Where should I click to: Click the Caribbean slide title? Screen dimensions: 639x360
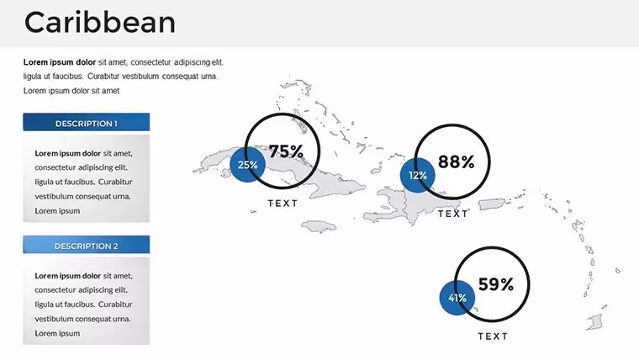pos(100,23)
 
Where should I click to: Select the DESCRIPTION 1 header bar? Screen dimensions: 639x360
pos(87,122)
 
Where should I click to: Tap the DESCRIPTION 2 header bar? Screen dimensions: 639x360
pos(87,245)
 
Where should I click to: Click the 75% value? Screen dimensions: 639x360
pos(287,151)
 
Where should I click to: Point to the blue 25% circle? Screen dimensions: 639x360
pos(247,165)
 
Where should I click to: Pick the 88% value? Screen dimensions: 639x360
pos(456,161)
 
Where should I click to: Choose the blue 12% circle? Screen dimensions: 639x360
pos(418,175)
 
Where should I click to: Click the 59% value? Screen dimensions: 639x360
pos(496,284)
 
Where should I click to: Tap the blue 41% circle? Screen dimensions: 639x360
pos(457,298)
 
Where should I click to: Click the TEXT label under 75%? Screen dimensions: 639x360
pos(283,203)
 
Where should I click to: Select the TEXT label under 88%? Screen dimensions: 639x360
pos(452,214)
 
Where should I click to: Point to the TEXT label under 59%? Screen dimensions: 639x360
pos(493,336)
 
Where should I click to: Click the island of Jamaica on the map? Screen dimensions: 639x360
pos(319,226)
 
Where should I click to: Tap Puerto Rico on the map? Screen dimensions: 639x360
pos(492,204)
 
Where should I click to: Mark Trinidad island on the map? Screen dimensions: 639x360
pos(594,322)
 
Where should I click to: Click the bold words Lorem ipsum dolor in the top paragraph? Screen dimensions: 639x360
pos(60,62)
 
